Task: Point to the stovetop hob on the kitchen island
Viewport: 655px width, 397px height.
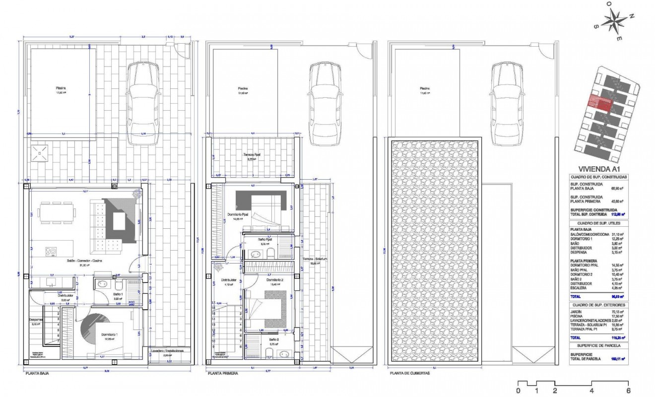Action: (x=52, y=251)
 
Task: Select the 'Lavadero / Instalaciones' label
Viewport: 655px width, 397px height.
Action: (x=167, y=350)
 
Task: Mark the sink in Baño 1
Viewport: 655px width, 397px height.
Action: (x=103, y=285)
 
